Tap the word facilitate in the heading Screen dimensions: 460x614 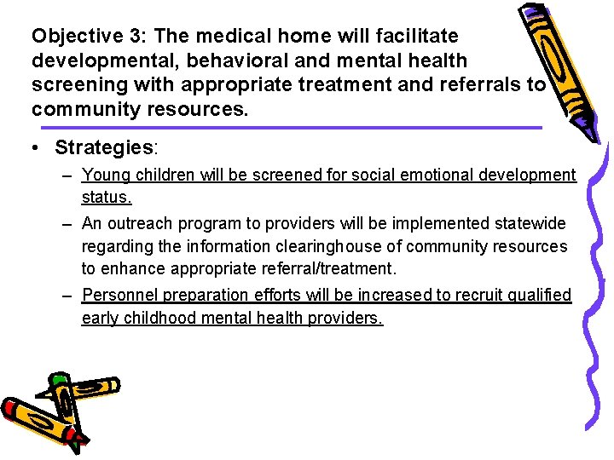tap(414, 37)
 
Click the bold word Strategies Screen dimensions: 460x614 tap(103, 147)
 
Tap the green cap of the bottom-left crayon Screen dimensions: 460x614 tap(58, 382)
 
